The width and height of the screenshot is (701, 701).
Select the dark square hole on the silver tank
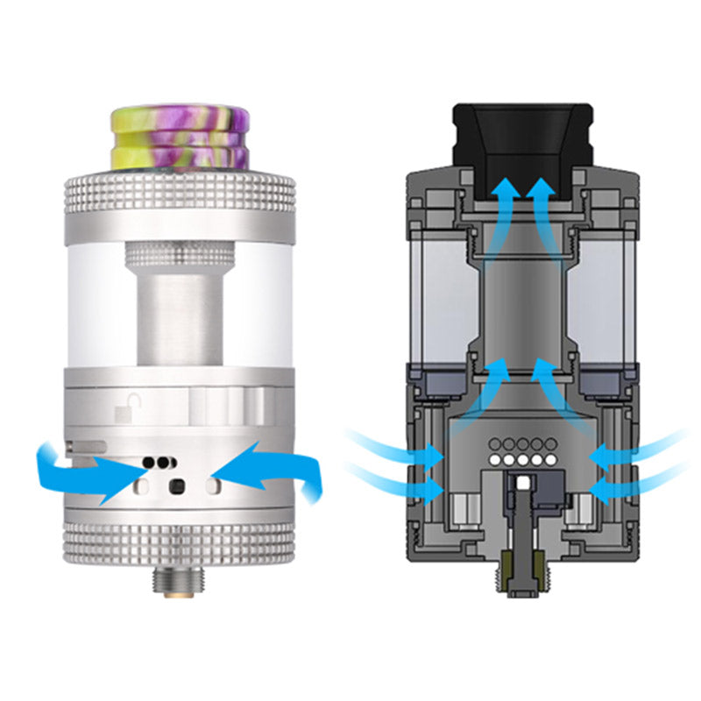176,486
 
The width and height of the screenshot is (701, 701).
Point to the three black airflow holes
160,459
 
